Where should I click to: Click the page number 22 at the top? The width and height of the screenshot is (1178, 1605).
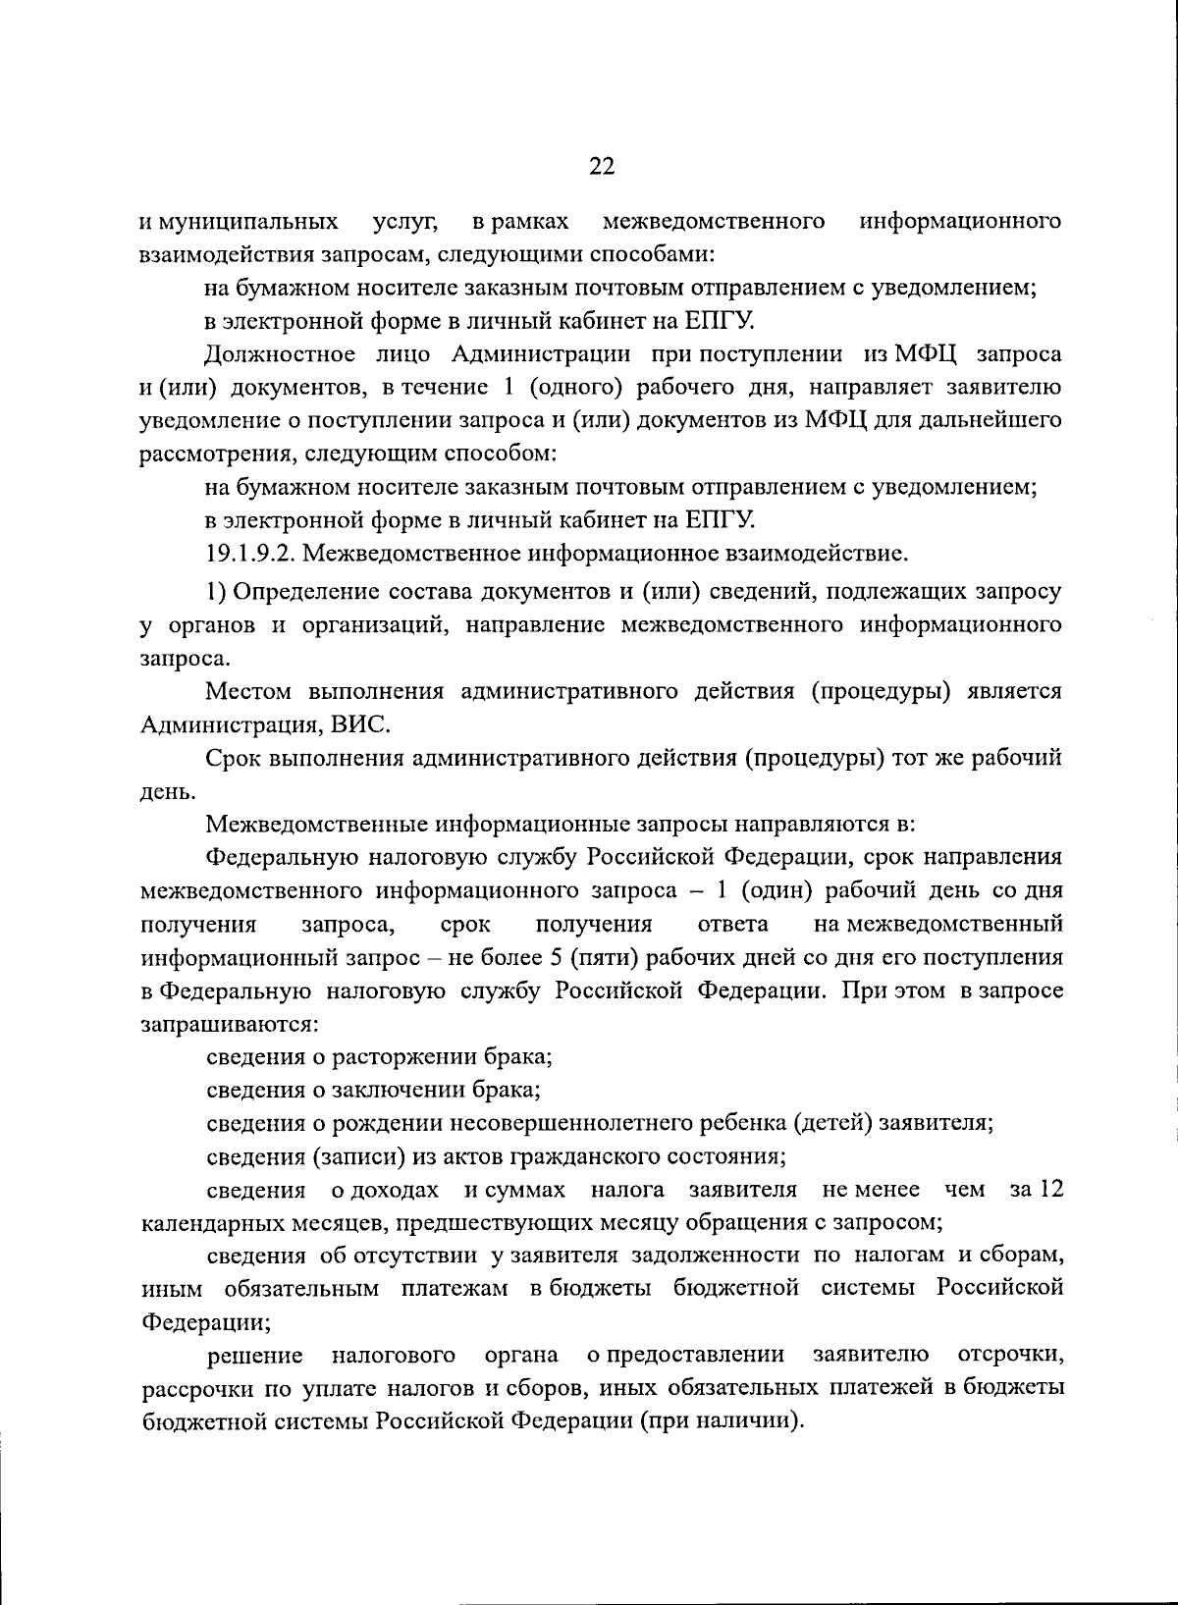(601, 166)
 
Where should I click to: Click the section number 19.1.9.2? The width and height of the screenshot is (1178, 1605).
(250, 555)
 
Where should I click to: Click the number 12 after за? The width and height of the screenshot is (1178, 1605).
(1050, 1190)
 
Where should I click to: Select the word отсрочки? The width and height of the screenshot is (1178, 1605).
(1009, 1356)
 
